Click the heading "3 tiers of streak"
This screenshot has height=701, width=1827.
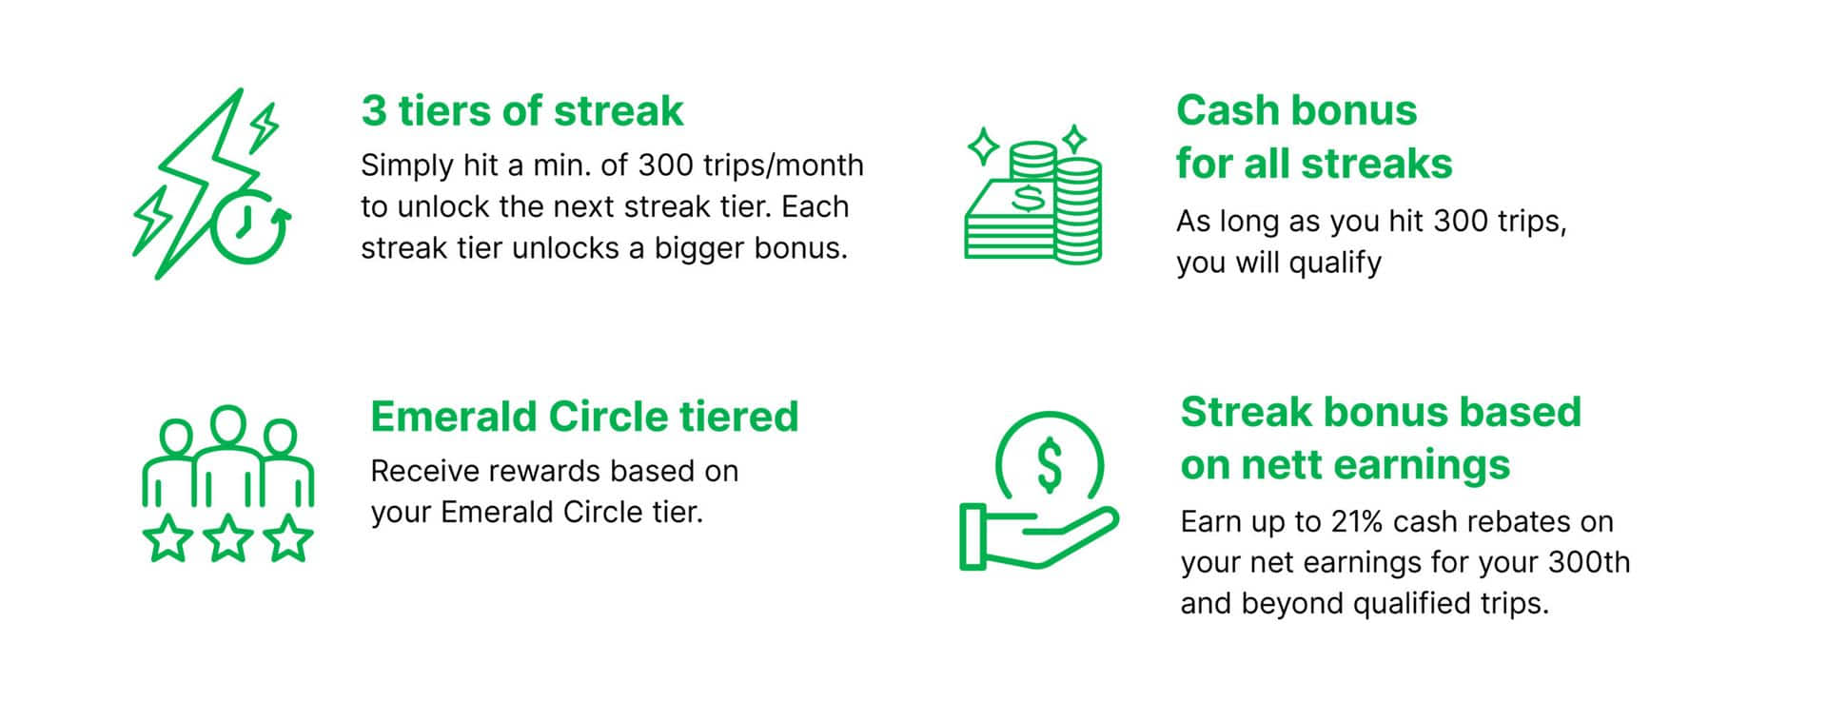(521, 110)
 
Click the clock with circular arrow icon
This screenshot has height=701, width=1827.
(249, 226)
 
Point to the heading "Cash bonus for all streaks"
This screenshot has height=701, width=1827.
(1314, 137)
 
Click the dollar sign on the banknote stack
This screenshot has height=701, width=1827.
(1026, 198)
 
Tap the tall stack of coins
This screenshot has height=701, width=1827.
(1078, 210)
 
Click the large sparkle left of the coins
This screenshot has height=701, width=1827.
(984, 147)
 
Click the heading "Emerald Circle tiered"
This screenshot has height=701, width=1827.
(584, 417)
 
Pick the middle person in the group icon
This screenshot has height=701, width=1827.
(228, 455)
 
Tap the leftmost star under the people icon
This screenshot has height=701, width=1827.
(167, 538)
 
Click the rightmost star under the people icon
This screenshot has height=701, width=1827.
(288, 538)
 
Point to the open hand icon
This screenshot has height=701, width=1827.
(1037, 536)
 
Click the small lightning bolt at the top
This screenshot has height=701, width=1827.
(263, 127)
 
